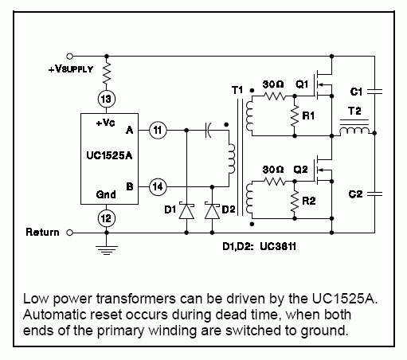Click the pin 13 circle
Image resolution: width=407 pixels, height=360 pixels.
[107, 99]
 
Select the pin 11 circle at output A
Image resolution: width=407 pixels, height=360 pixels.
[158, 130]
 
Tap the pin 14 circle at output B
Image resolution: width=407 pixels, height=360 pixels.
[158, 186]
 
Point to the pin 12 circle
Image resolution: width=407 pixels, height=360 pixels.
[107, 218]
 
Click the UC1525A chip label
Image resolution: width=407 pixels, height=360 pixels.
[109, 155]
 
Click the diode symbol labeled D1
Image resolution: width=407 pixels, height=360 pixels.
[186, 211]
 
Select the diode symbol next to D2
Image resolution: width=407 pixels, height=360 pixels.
[212, 211]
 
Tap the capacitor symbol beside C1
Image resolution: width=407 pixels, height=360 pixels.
[374, 92]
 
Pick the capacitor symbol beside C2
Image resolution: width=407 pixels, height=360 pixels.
[374, 194]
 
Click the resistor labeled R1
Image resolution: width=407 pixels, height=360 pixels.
[295, 116]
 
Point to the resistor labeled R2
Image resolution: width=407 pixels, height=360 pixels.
[295, 201]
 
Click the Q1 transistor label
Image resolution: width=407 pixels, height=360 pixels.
[302, 84]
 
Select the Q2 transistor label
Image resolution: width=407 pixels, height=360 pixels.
[300, 170]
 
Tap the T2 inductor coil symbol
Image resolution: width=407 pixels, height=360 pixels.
[354, 130]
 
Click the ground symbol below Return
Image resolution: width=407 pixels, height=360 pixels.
[107, 250]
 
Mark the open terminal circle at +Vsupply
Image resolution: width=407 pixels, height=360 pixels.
[69, 57]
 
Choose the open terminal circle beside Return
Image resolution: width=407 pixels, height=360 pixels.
[69, 233]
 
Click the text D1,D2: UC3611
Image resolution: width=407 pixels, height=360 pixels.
[259, 247]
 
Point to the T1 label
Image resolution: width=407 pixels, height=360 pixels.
[237, 90]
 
